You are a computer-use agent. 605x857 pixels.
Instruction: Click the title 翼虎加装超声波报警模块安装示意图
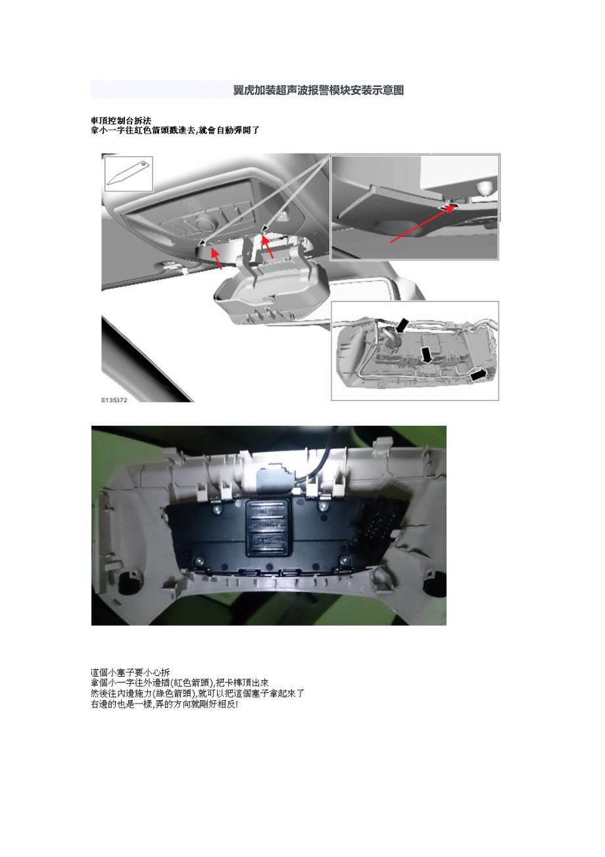pos(318,90)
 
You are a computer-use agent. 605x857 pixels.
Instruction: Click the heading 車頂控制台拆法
pos(121,121)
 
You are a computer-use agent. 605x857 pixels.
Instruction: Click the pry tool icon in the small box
pos(129,173)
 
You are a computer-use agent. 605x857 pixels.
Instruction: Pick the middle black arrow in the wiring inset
pos(427,355)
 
